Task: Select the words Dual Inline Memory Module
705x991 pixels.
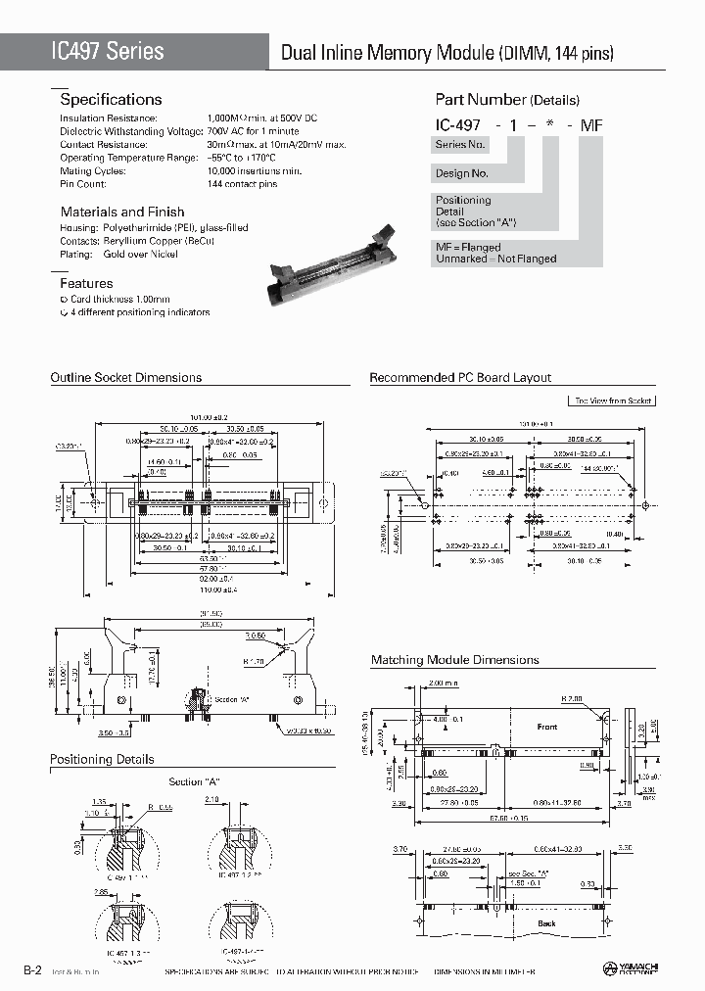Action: pyautogui.click(x=388, y=54)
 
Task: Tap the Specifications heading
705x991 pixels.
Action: pyautogui.click(x=111, y=99)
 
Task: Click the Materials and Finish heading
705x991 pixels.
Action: pyautogui.click(x=122, y=212)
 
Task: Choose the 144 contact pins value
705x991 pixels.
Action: pyautogui.click(x=242, y=184)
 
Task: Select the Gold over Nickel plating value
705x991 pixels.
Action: pyautogui.click(x=140, y=254)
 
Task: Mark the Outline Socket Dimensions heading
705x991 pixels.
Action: pyautogui.click(x=125, y=377)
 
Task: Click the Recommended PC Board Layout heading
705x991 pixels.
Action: pyautogui.click(x=460, y=377)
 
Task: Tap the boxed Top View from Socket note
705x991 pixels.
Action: pyautogui.click(x=611, y=401)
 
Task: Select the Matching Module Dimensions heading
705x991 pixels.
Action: pyautogui.click(x=454, y=660)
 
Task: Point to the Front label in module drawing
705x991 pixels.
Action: pyautogui.click(x=546, y=727)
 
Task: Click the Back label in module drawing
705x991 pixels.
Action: pyautogui.click(x=545, y=923)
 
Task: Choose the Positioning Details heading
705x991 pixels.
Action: pyautogui.click(x=102, y=759)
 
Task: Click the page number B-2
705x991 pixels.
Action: pyautogui.click(x=32, y=969)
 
